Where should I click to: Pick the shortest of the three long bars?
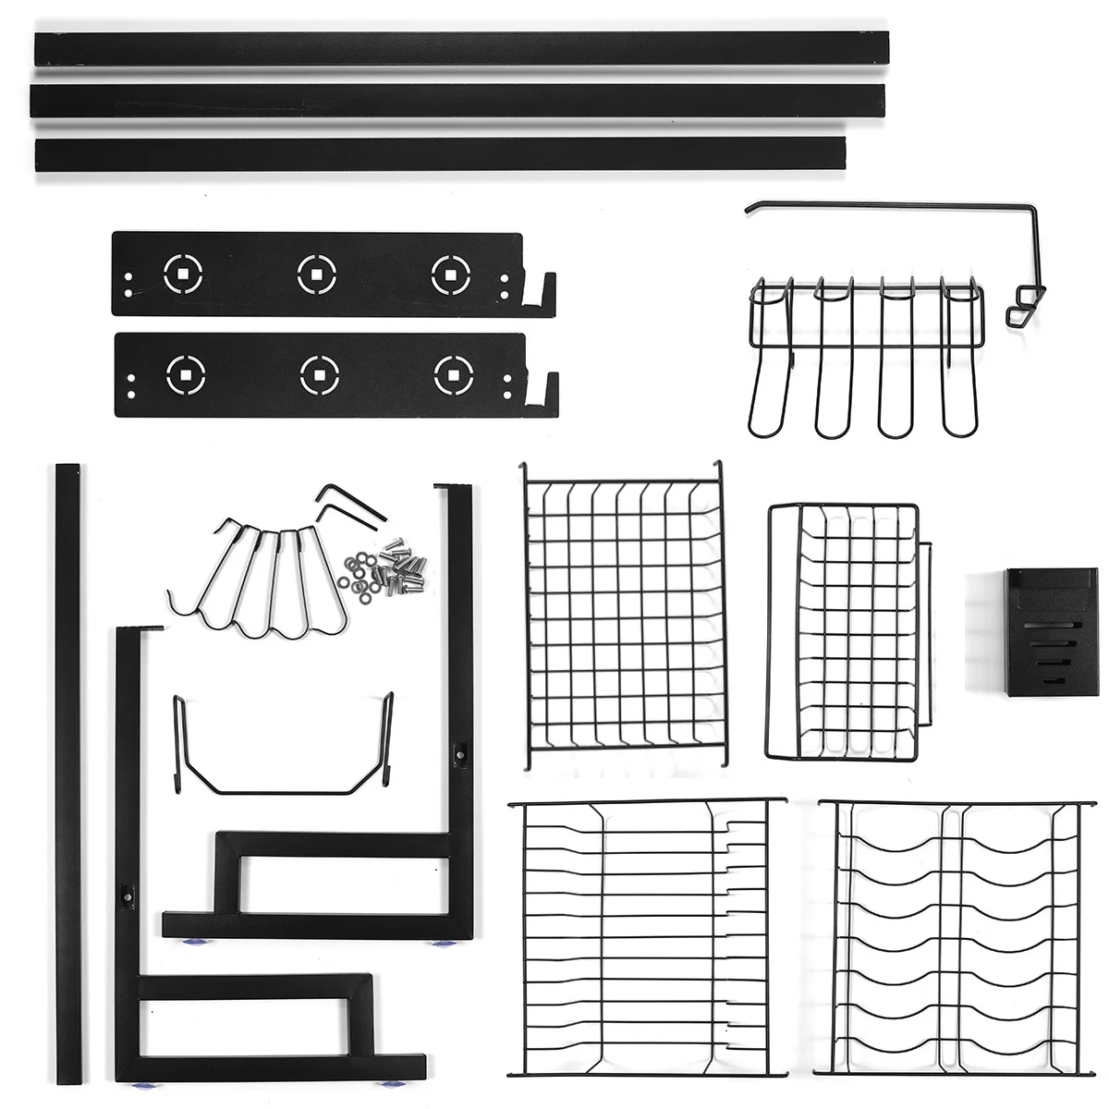tap(440, 153)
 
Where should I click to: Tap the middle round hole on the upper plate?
tap(317, 274)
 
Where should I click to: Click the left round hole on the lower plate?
tap(186, 374)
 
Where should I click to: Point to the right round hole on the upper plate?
tap(450, 274)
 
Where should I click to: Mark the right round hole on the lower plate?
tap(453, 374)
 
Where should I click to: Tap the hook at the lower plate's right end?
tap(546, 390)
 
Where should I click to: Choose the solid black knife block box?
tap(1052, 632)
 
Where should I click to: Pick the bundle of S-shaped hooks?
tap(263, 578)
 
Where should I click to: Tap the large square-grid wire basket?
tap(624, 615)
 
